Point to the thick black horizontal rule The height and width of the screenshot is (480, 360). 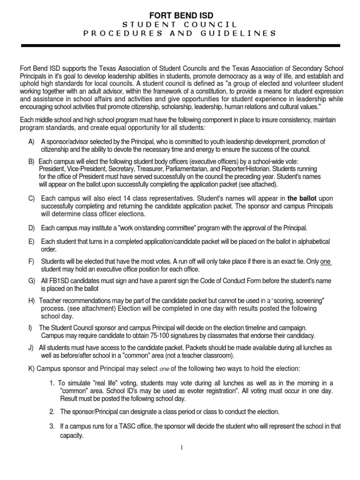point(180,46)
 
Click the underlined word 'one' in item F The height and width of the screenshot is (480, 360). point(326,262)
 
